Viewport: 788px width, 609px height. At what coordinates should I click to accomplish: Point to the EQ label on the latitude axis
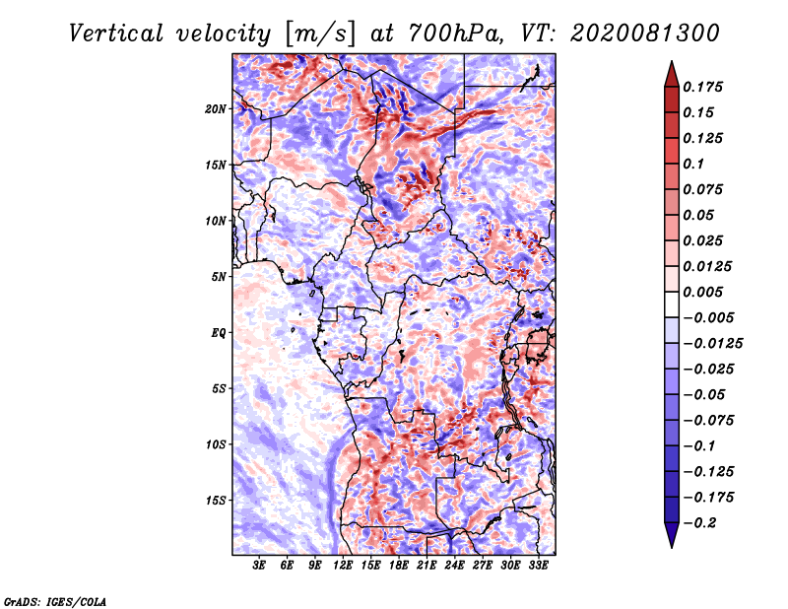click(x=219, y=333)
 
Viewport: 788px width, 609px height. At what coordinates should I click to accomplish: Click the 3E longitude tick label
click(x=260, y=567)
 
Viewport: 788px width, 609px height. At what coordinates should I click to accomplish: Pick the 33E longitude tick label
click(x=538, y=567)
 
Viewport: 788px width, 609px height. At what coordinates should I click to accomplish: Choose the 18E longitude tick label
click(x=399, y=567)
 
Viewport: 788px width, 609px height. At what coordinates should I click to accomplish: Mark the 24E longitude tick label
click(x=454, y=567)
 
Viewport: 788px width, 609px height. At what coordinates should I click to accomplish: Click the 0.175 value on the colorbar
click(x=705, y=87)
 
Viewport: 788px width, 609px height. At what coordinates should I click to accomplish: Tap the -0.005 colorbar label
click(x=709, y=317)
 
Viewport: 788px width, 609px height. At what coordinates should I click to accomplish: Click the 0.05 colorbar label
click(x=700, y=215)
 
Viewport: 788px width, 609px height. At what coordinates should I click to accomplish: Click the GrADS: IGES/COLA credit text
click(x=55, y=600)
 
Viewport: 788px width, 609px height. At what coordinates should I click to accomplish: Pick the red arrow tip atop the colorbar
click(x=671, y=66)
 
